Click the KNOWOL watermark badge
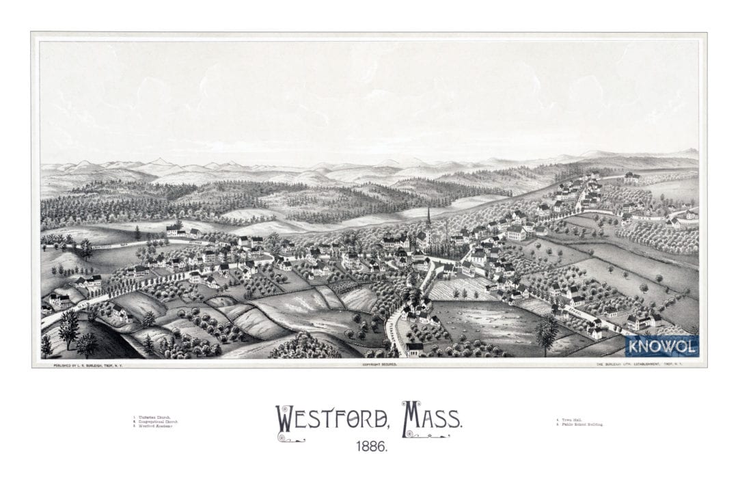[x=661, y=346]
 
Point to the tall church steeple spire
[x=428, y=217]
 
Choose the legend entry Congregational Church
[x=159, y=422]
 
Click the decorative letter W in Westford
[x=284, y=419]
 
